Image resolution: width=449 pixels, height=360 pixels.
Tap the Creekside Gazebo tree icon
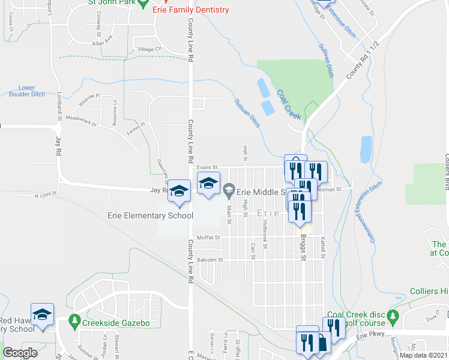(74, 323)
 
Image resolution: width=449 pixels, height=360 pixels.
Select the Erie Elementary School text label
(150, 216)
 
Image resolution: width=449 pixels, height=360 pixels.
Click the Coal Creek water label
(289, 104)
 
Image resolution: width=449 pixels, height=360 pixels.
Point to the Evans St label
(206, 167)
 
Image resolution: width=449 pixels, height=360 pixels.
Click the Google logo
(20, 352)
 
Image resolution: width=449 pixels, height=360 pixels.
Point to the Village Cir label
(150, 49)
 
